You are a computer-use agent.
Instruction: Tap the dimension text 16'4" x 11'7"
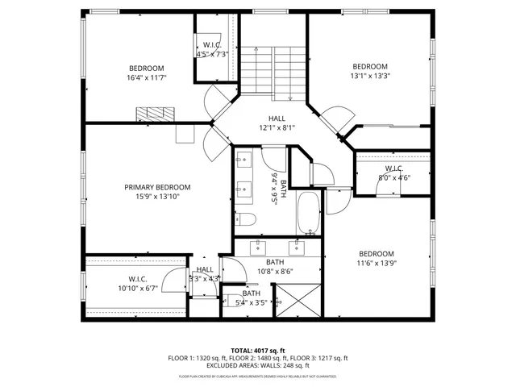pos(147,78)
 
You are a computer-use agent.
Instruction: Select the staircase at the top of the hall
pos(273,68)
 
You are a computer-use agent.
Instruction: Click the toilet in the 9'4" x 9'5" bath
pos(246,219)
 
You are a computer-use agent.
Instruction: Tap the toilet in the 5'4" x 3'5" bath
pos(239,302)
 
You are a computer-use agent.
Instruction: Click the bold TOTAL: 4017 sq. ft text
pos(258,350)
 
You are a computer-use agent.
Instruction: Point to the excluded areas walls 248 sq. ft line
pos(258,366)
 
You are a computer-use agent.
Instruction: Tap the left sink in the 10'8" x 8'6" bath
pos(259,245)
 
